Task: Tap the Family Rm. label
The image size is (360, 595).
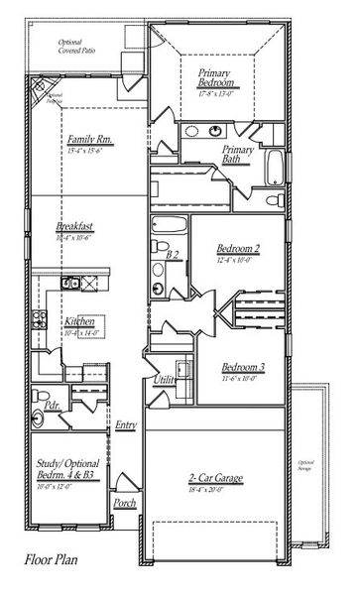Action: pyautogui.click(x=86, y=141)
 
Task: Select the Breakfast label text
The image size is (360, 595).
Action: pyautogui.click(x=74, y=228)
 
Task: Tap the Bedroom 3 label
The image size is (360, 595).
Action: pyautogui.click(x=243, y=366)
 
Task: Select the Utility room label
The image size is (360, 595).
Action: pyautogui.click(x=165, y=380)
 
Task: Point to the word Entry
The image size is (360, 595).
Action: pyautogui.click(x=125, y=425)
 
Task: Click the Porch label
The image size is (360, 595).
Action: pyautogui.click(x=125, y=503)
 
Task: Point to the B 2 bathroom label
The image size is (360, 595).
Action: pyautogui.click(x=172, y=256)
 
